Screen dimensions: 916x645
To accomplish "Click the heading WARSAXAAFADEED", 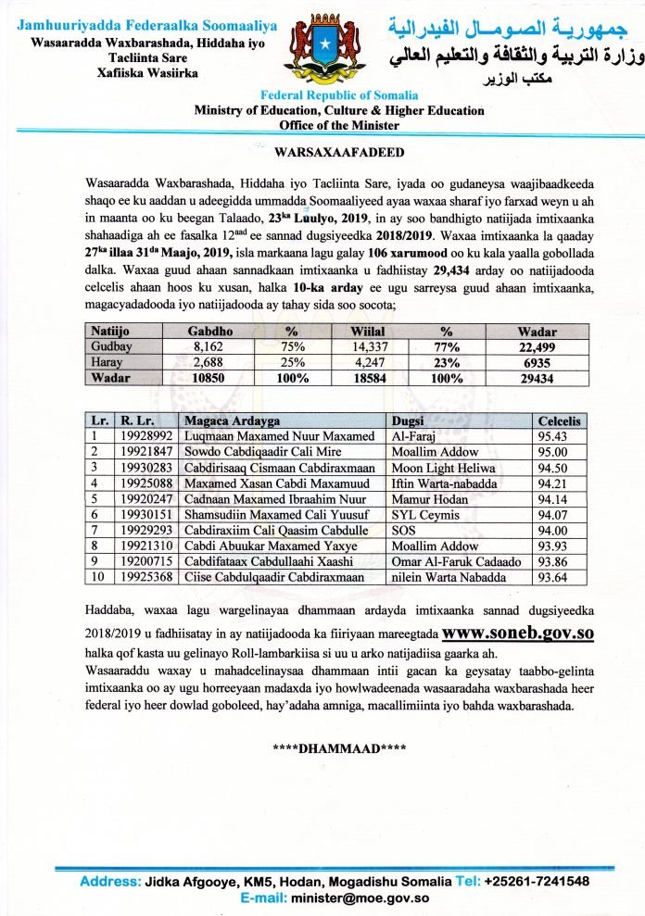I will point(339,149).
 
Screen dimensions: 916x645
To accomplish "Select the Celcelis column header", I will point(560,420).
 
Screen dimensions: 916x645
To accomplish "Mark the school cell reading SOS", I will point(404,529).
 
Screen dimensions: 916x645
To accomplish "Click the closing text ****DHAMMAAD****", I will point(338,747).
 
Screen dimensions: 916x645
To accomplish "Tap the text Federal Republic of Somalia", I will point(339,95).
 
